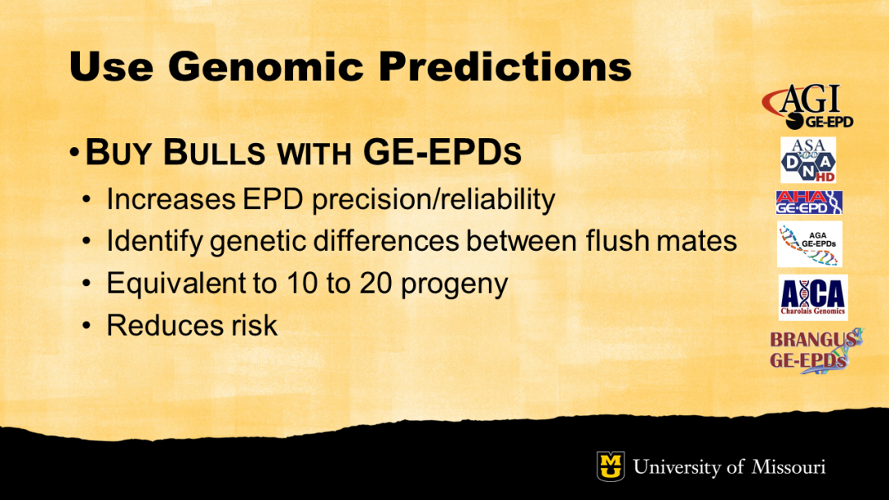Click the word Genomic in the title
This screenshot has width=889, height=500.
(266, 67)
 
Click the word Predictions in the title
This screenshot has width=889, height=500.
(505, 67)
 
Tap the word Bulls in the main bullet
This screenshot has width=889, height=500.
(214, 152)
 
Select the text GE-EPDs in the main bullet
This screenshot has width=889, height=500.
(442, 152)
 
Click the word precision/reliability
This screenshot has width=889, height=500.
(434, 200)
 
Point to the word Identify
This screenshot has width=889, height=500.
(155, 242)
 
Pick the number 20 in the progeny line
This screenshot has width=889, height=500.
(375, 283)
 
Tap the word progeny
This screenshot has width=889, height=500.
(454, 285)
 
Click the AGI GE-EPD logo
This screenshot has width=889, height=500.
(808, 106)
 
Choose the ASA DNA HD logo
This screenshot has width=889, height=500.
(808, 160)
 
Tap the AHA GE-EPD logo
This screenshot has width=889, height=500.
(809, 202)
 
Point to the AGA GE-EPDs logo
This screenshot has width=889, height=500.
(810, 244)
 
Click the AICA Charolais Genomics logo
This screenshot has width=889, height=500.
(813, 297)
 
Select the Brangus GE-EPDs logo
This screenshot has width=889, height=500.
(816, 350)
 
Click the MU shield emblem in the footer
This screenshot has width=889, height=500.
(611, 466)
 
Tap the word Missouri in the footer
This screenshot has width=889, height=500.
(789, 467)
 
